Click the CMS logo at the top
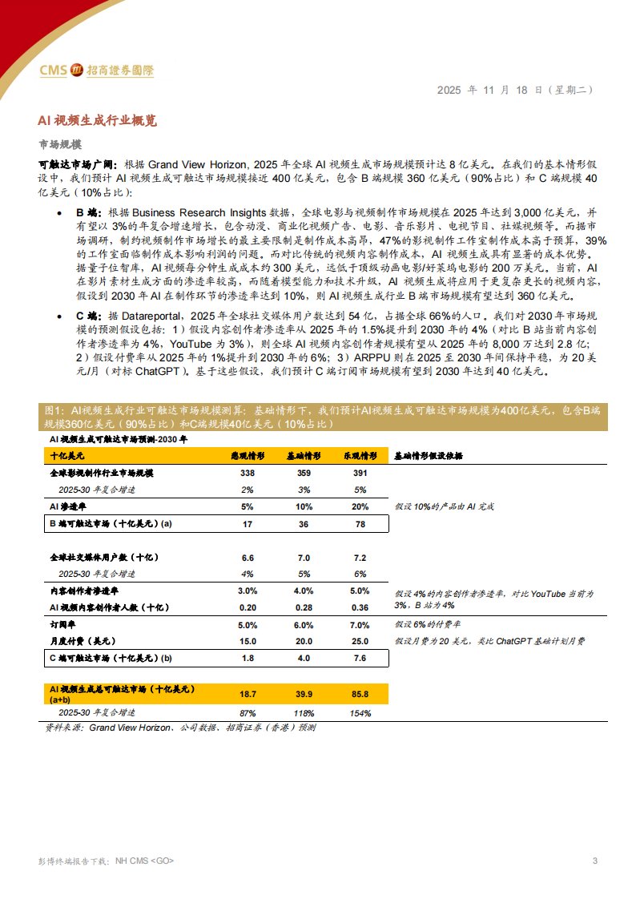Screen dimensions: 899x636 click(96, 71)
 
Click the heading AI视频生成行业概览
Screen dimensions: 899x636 click(97, 120)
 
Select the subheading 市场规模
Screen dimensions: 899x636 click(60, 144)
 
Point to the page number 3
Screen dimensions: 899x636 click(594, 861)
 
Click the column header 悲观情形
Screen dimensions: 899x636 click(248, 455)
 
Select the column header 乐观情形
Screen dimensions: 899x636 click(360, 455)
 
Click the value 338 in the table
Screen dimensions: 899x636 click(248, 474)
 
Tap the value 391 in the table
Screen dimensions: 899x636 click(360, 474)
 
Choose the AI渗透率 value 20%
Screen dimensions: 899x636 click(360, 506)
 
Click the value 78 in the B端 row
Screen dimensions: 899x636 click(360, 523)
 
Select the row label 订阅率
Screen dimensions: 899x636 click(62, 624)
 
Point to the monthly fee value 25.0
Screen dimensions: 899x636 click(360, 641)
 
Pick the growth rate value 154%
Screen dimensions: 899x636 click(360, 712)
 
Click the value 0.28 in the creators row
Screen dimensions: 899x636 click(304, 607)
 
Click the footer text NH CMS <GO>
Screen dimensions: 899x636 click(145, 861)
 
